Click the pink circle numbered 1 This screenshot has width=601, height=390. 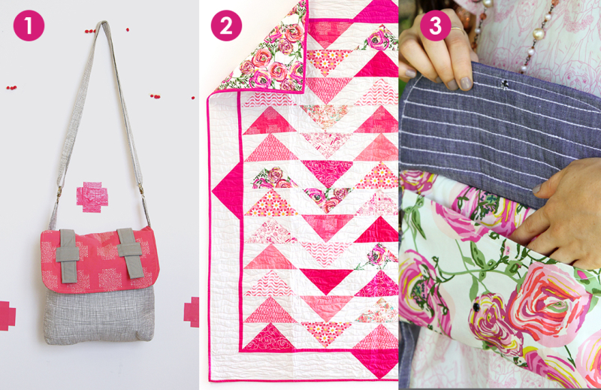(x=29, y=26)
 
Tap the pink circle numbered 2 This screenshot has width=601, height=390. (x=226, y=26)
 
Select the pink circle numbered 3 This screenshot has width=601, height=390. (x=436, y=26)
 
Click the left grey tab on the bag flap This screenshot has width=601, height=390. (x=68, y=255)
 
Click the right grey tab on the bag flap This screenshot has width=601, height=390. (x=129, y=252)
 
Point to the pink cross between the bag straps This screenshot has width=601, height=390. (x=92, y=197)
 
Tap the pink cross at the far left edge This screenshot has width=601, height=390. (x=7, y=316)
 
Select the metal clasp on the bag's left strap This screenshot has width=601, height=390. (x=59, y=192)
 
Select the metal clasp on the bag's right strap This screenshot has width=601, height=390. (x=141, y=189)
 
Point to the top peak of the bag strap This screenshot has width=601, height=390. (x=103, y=23)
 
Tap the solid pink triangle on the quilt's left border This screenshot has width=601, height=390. (x=228, y=191)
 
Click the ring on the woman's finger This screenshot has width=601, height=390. (x=457, y=29)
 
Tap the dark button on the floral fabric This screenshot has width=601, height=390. (x=476, y=307)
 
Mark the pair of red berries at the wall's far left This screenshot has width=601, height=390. (x=11, y=88)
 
